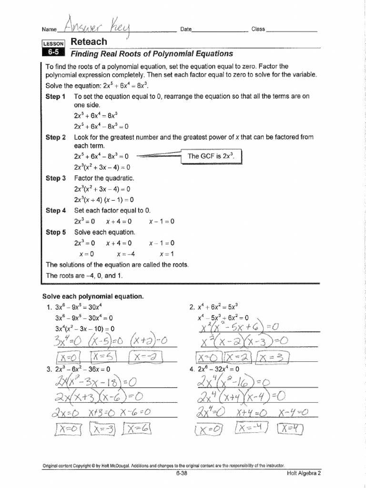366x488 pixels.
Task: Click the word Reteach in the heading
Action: coord(89,42)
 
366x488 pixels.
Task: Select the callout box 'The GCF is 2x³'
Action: coord(211,156)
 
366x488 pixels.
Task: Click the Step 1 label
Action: coord(56,96)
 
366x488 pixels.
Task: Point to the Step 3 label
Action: coord(56,178)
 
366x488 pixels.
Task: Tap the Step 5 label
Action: coord(56,233)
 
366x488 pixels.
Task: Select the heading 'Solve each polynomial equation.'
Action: coord(93,296)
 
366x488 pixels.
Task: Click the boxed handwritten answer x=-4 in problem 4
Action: coord(250,430)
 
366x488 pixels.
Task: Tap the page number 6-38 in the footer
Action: coord(183,474)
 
